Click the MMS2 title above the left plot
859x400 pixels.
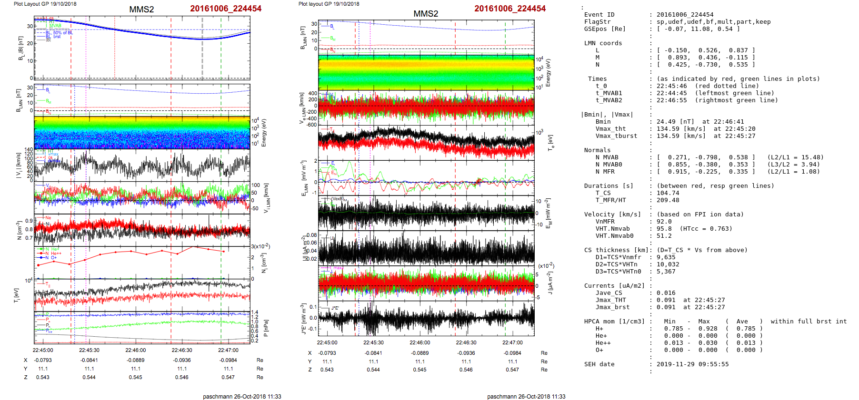141,10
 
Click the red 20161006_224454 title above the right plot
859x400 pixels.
510,9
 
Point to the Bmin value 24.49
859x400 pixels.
666,122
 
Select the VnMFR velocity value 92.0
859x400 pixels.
664,222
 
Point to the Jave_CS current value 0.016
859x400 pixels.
666,293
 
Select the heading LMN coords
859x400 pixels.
603,43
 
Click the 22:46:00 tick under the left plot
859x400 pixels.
135,350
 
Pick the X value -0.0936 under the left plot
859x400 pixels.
182,361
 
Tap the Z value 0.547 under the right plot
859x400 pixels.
512,370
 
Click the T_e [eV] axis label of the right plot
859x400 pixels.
551,142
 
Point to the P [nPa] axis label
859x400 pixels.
266,328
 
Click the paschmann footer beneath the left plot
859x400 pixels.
242,396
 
